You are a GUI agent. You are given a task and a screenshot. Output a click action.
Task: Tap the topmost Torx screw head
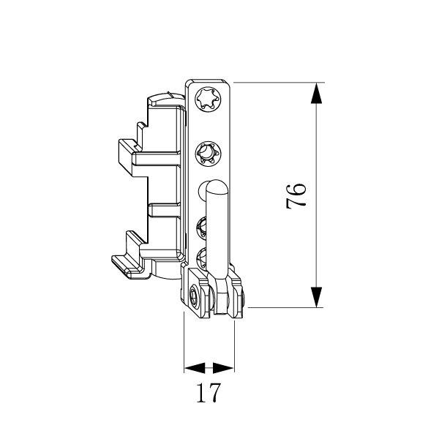coord(209,99)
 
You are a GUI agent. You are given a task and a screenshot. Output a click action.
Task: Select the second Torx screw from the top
coord(209,154)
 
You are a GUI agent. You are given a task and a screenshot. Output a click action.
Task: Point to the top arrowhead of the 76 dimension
coord(316,93)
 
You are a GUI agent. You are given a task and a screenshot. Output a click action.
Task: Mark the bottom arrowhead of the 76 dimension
coord(316,297)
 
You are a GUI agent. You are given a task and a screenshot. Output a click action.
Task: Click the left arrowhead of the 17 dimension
coord(195,367)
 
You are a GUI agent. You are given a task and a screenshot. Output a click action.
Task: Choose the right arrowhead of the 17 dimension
coord(223,367)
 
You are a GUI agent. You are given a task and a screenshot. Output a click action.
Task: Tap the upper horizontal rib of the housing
coord(157,159)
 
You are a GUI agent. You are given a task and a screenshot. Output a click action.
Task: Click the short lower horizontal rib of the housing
coord(165,210)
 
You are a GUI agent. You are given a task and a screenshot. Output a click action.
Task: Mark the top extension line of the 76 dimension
coord(279,83)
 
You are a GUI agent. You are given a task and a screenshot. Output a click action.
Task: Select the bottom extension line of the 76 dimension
coord(286,307)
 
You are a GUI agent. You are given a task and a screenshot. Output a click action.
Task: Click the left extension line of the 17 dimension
coord(184,342)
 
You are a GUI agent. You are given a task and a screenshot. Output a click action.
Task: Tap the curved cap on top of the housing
coord(166,98)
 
